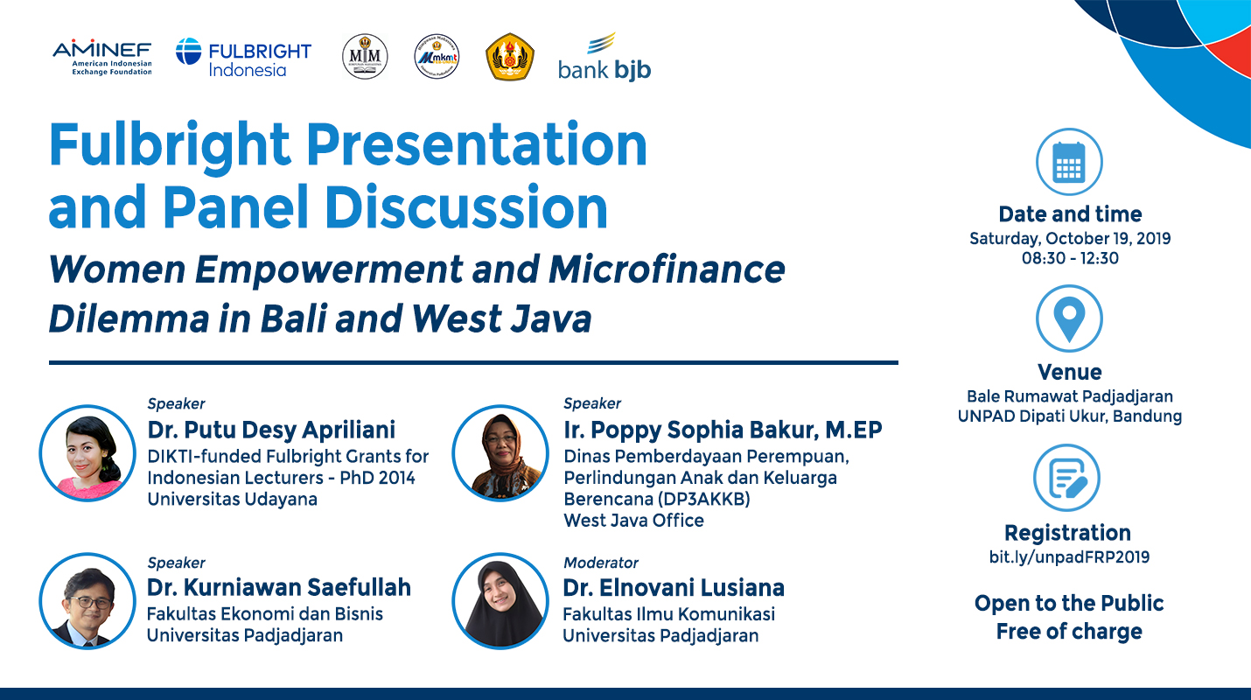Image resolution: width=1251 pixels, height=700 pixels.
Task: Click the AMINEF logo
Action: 101,57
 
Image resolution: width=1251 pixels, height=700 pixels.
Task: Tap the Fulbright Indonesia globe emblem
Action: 188,52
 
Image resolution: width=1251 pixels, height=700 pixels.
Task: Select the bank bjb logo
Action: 605,58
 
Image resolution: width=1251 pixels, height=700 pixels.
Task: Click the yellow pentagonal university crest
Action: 510,58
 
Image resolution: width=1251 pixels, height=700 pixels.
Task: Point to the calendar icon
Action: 1069,164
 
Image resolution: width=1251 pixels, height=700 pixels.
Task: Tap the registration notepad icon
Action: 1066,479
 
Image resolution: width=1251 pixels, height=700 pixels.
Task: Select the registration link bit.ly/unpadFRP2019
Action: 1069,557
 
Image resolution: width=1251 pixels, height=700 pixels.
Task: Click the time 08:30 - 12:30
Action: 1070,258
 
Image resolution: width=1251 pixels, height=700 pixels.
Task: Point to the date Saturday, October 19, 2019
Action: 1070,238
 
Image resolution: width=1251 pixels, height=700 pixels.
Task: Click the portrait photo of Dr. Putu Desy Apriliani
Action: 87,452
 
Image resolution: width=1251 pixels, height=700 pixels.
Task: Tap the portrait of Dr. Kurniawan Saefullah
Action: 87,601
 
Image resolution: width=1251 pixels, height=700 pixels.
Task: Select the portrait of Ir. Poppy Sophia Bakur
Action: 500,452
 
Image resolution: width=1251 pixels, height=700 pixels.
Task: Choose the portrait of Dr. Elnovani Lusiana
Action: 500,601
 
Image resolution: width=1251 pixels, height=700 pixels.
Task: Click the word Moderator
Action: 601,563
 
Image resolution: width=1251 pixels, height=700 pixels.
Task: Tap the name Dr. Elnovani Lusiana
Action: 673,587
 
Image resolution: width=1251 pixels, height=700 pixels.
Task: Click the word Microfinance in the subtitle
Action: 667,270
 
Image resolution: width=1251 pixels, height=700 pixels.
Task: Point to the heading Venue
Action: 1069,372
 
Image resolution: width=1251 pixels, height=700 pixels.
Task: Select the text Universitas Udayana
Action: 232,500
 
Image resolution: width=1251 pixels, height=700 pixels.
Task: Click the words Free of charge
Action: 1069,632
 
